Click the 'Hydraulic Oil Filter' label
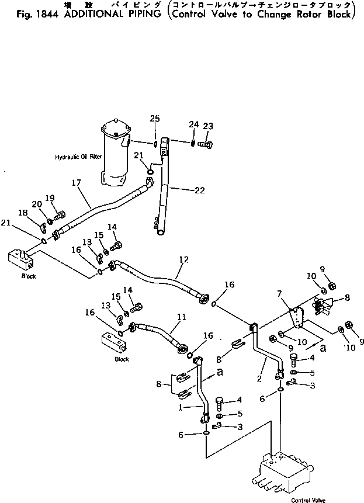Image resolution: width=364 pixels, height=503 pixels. click(x=78, y=157)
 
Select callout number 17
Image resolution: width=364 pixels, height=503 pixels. click(x=77, y=183)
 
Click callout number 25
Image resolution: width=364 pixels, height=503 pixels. click(x=154, y=119)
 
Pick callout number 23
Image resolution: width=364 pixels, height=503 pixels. click(x=208, y=126)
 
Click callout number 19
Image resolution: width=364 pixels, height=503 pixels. click(x=50, y=197)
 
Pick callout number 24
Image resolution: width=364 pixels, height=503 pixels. click(x=194, y=124)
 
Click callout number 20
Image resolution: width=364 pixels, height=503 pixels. click(x=36, y=204)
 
